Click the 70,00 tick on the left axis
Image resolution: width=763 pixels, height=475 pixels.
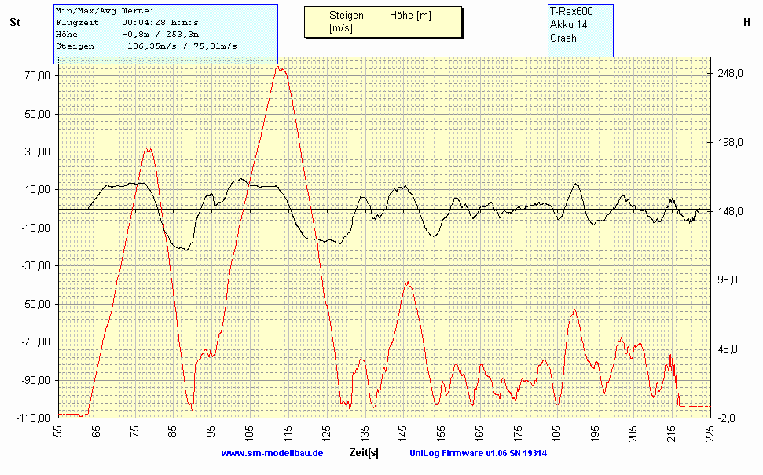point(37,76)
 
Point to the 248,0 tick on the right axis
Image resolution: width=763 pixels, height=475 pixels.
point(731,74)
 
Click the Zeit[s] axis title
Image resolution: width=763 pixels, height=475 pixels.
point(364,453)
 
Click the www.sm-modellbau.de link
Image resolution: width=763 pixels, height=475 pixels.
point(272,453)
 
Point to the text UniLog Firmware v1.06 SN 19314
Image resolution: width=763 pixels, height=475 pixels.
point(478,453)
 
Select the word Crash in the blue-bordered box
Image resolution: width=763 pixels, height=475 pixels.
point(563,38)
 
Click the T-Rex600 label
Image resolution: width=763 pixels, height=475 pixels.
point(571,11)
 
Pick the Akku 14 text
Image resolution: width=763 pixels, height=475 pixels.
point(568,24)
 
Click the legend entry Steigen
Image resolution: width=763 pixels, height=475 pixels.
point(347,15)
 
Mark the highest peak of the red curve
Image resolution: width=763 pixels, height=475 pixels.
point(280,68)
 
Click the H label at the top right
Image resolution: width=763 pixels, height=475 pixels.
point(746,23)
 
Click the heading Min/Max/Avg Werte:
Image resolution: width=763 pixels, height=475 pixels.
point(105,11)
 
